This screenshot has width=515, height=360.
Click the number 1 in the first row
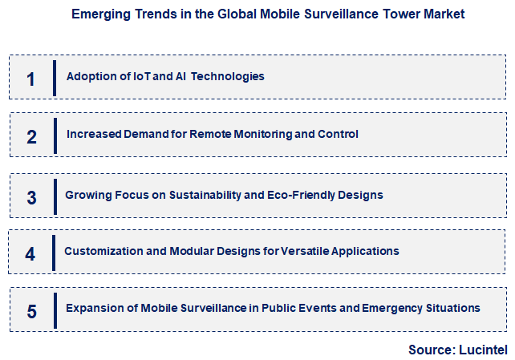(30, 79)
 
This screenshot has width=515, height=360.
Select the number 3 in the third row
(31, 197)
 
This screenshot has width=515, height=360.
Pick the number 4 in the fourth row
(30, 254)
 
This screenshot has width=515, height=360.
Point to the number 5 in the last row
(31, 311)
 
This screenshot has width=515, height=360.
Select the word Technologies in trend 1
(225, 77)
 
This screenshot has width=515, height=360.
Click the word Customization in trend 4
(102, 251)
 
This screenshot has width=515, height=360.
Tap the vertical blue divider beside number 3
(55, 196)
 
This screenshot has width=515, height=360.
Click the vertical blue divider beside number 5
(55, 310)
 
